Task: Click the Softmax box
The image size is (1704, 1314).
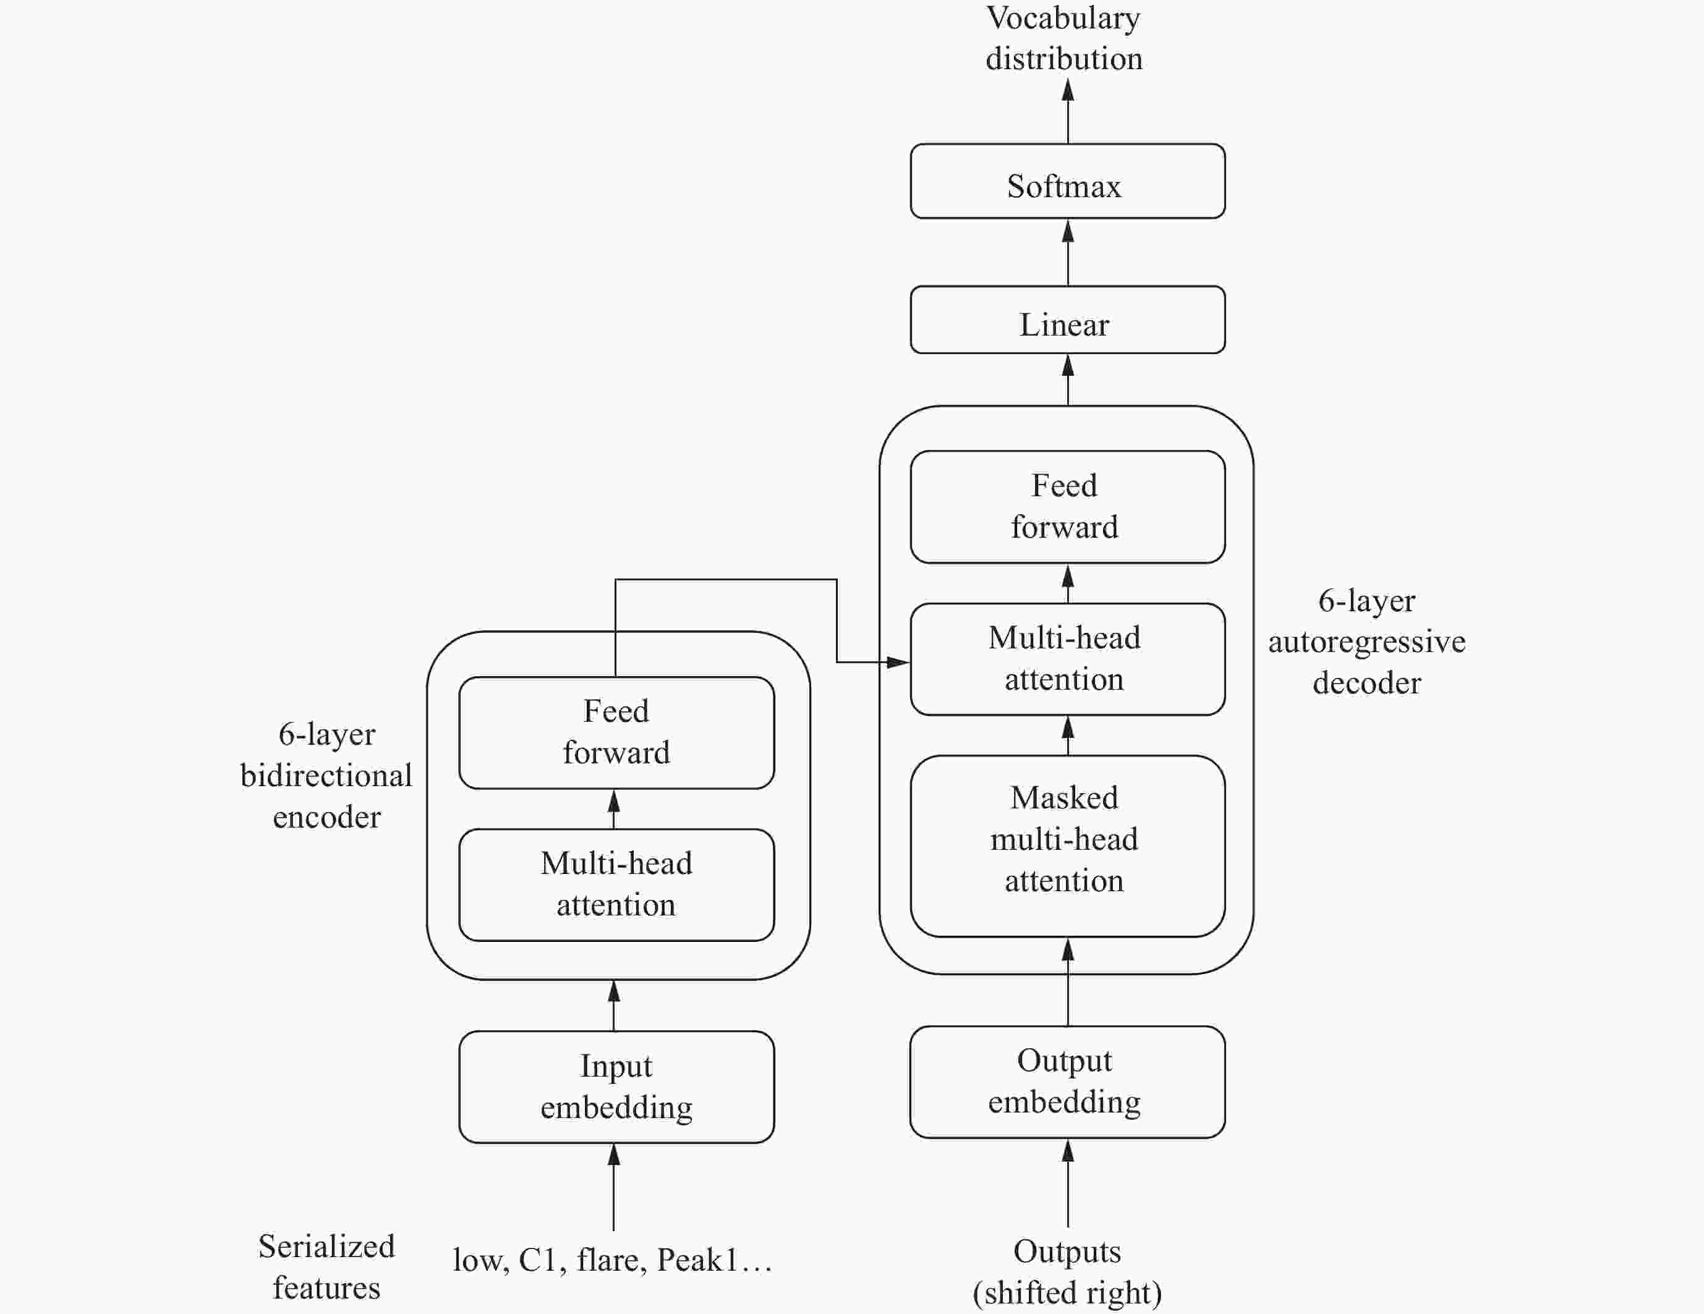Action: click(1067, 181)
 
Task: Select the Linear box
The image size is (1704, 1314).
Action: click(1067, 320)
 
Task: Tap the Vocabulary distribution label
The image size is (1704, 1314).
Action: click(1064, 38)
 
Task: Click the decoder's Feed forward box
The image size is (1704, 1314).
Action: click(1067, 507)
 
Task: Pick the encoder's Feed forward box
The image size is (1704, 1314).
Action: click(616, 732)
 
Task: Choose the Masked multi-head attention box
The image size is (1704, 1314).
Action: click(1067, 846)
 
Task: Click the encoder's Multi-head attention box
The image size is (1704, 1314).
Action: click(616, 884)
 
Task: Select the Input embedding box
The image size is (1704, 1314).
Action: click(616, 1087)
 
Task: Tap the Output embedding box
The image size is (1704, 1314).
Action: click(1067, 1082)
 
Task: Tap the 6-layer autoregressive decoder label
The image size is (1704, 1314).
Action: click(1367, 642)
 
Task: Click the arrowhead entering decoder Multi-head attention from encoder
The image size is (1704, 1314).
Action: click(899, 662)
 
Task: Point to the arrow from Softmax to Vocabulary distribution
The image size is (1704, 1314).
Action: click(1068, 111)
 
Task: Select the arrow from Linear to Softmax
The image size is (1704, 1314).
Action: click(1068, 253)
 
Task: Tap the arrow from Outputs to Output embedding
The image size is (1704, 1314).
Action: click(1068, 1183)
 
